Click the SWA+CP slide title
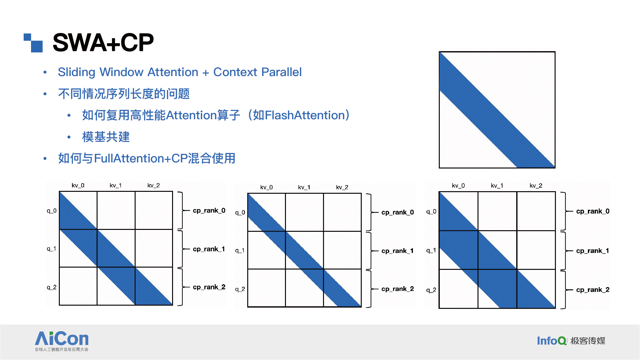[103, 43]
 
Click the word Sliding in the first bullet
[76, 72]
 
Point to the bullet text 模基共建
[106, 137]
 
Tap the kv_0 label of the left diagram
[78, 185]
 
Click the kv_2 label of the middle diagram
[342, 187]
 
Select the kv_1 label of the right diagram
[497, 186]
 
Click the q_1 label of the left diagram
[51, 249]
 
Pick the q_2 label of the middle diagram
[240, 289]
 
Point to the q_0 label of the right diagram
[431, 212]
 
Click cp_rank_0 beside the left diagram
[209, 210]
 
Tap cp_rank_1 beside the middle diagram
[398, 251]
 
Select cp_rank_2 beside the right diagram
[593, 290]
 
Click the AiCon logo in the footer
[61, 341]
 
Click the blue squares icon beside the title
[33, 43]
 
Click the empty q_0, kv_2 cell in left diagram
[154, 210]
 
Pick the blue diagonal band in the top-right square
[497, 110]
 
